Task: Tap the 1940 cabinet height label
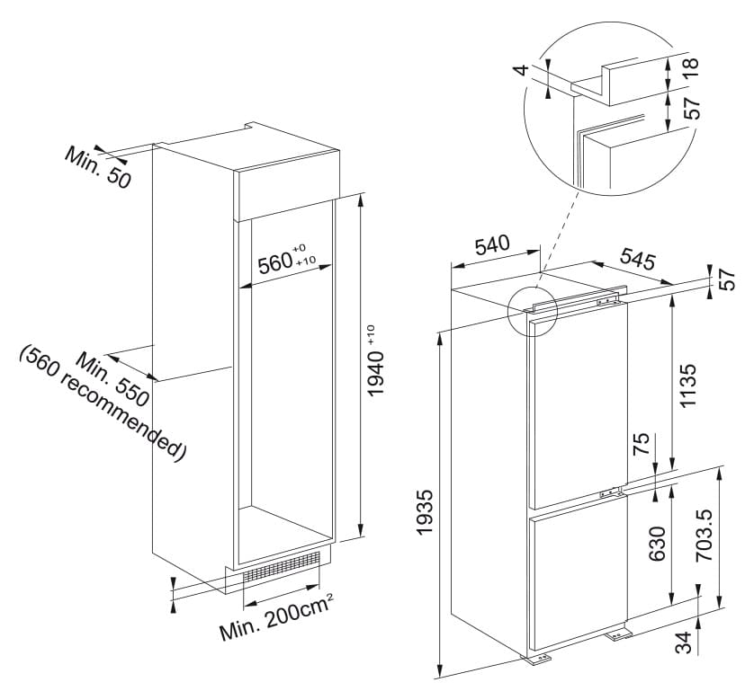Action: point(376,361)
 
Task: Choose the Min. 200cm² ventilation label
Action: point(276,618)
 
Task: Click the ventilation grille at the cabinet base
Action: point(282,568)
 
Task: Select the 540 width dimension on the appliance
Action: point(492,244)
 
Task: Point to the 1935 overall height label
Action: point(426,512)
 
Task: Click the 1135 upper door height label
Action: point(687,385)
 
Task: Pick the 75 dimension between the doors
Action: point(641,444)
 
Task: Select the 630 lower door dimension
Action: point(658,544)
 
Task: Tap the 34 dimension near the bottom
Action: point(683,642)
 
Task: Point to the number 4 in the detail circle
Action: point(522,69)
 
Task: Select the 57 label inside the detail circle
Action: point(690,109)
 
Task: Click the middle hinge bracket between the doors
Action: point(610,492)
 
